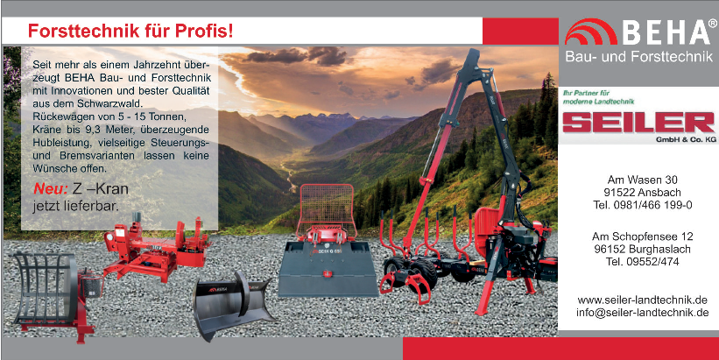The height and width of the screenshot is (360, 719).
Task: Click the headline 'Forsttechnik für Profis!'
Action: click(130, 31)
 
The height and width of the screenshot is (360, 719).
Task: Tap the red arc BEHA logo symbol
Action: click(590, 33)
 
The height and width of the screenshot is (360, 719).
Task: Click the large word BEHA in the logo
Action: click(666, 32)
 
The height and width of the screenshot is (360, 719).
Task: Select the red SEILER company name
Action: click(638, 123)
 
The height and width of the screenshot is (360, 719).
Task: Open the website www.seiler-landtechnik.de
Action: click(643, 300)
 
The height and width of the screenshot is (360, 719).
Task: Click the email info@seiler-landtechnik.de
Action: click(643, 313)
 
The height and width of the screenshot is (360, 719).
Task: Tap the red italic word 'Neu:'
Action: click(51, 189)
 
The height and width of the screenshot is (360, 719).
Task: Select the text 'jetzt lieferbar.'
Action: click(75, 206)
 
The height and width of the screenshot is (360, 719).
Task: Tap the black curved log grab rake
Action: click(45, 289)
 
